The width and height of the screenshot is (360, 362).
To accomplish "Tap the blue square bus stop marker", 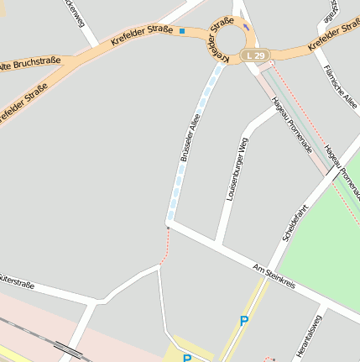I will [182, 31].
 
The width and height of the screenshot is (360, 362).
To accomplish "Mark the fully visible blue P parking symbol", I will [244, 320].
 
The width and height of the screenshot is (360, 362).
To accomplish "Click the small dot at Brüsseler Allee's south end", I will [168, 227].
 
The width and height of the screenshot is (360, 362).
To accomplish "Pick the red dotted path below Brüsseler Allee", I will [165, 245].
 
